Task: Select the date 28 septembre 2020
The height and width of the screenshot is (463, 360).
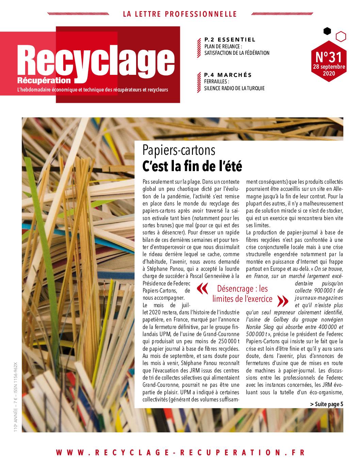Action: click(329, 70)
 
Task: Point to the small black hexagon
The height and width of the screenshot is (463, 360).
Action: click(327, 31)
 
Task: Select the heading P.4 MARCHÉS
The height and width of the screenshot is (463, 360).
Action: click(228, 75)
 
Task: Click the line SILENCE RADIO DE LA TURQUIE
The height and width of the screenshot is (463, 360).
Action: click(234, 88)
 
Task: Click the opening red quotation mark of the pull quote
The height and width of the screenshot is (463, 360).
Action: click(202, 289)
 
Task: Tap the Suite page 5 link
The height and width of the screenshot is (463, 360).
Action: click(326, 404)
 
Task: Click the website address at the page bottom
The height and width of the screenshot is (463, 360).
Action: click(180, 452)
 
